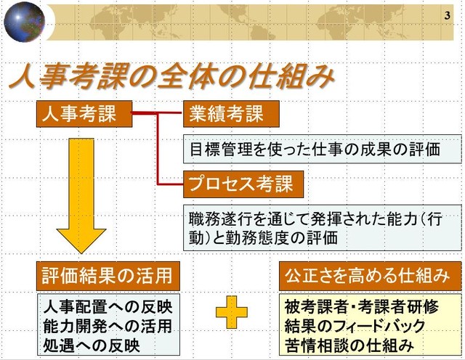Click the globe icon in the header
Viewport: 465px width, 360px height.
[x=24, y=22]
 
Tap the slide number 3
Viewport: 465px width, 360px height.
[x=448, y=15]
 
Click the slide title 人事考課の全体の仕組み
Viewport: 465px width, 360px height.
[x=172, y=78]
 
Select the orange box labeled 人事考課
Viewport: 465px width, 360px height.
[x=84, y=114]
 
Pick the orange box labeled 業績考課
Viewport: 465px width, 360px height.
[x=231, y=114]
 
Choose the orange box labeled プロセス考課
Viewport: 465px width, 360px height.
[x=243, y=184]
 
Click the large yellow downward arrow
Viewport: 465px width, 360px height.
[x=81, y=195]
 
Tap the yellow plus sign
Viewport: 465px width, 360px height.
[x=232, y=313]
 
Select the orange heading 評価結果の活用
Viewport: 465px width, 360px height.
[x=108, y=276]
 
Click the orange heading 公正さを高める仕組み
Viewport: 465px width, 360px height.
[x=371, y=276]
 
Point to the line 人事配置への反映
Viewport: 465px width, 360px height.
[x=108, y=307]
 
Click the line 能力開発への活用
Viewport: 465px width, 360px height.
[x=108, y=326]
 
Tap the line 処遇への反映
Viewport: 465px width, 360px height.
[x=92, y=345]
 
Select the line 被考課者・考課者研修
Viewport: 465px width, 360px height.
[x=362, y=307]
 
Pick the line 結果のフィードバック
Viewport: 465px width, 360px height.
[x=355, y=326]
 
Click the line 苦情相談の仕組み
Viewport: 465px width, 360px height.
[x=349, y=345]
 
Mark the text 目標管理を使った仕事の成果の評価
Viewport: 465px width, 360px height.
[x=315, y=149]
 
